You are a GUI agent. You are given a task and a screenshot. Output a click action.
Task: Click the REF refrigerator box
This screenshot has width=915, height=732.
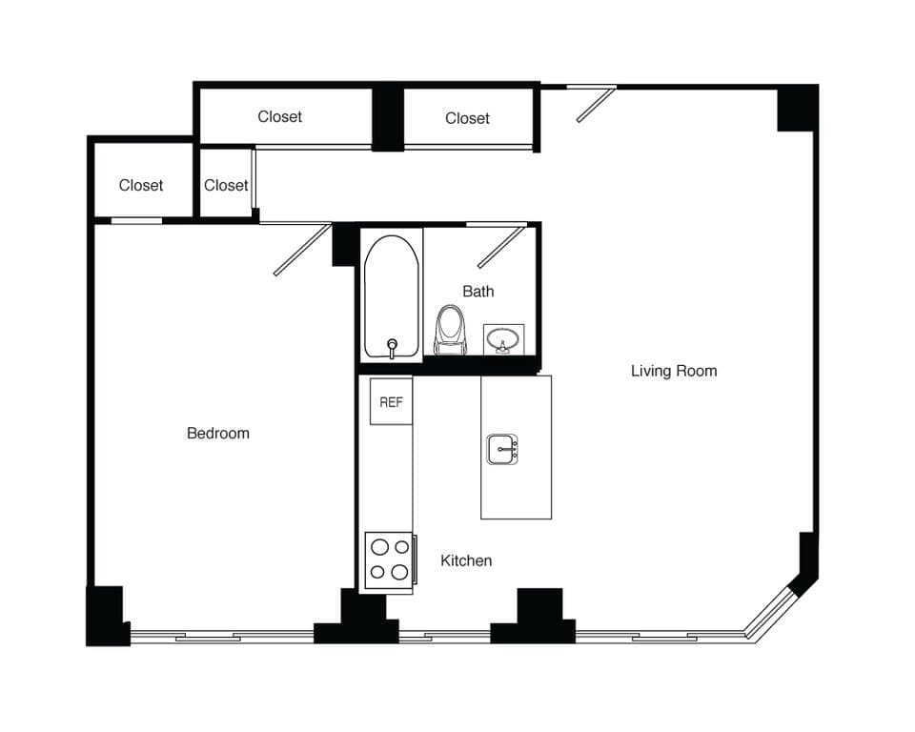point(391,402)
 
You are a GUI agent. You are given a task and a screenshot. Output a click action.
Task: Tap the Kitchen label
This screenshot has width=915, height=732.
point(466,560)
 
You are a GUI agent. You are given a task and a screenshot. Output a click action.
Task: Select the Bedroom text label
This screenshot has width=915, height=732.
point(218,433)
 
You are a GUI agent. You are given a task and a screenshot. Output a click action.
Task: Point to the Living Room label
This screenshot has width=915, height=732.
point(673,371)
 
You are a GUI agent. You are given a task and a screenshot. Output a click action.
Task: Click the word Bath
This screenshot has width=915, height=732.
point(478,291)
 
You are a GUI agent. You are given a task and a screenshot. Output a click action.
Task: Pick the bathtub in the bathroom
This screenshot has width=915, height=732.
point(391,295)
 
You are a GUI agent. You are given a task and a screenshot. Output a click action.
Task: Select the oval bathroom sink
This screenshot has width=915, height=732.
point(502,337)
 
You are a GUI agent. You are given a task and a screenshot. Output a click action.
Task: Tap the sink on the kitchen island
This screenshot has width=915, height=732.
point(502,448)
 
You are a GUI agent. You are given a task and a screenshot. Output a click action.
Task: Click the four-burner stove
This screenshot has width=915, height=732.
point(390,559)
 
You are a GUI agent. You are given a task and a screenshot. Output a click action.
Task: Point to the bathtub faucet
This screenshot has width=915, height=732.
point(391,347)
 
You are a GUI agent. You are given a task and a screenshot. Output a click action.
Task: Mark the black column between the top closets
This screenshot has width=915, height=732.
point(387,117)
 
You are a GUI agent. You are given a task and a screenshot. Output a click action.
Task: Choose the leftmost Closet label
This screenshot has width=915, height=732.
point(141,185)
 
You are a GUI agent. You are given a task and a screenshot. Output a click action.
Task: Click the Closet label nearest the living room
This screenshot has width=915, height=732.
point(467,118)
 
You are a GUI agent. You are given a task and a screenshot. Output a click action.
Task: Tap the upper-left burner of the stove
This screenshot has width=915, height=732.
point(378,547)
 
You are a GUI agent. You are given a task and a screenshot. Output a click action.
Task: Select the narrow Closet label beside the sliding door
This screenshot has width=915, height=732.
point(226,185)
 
